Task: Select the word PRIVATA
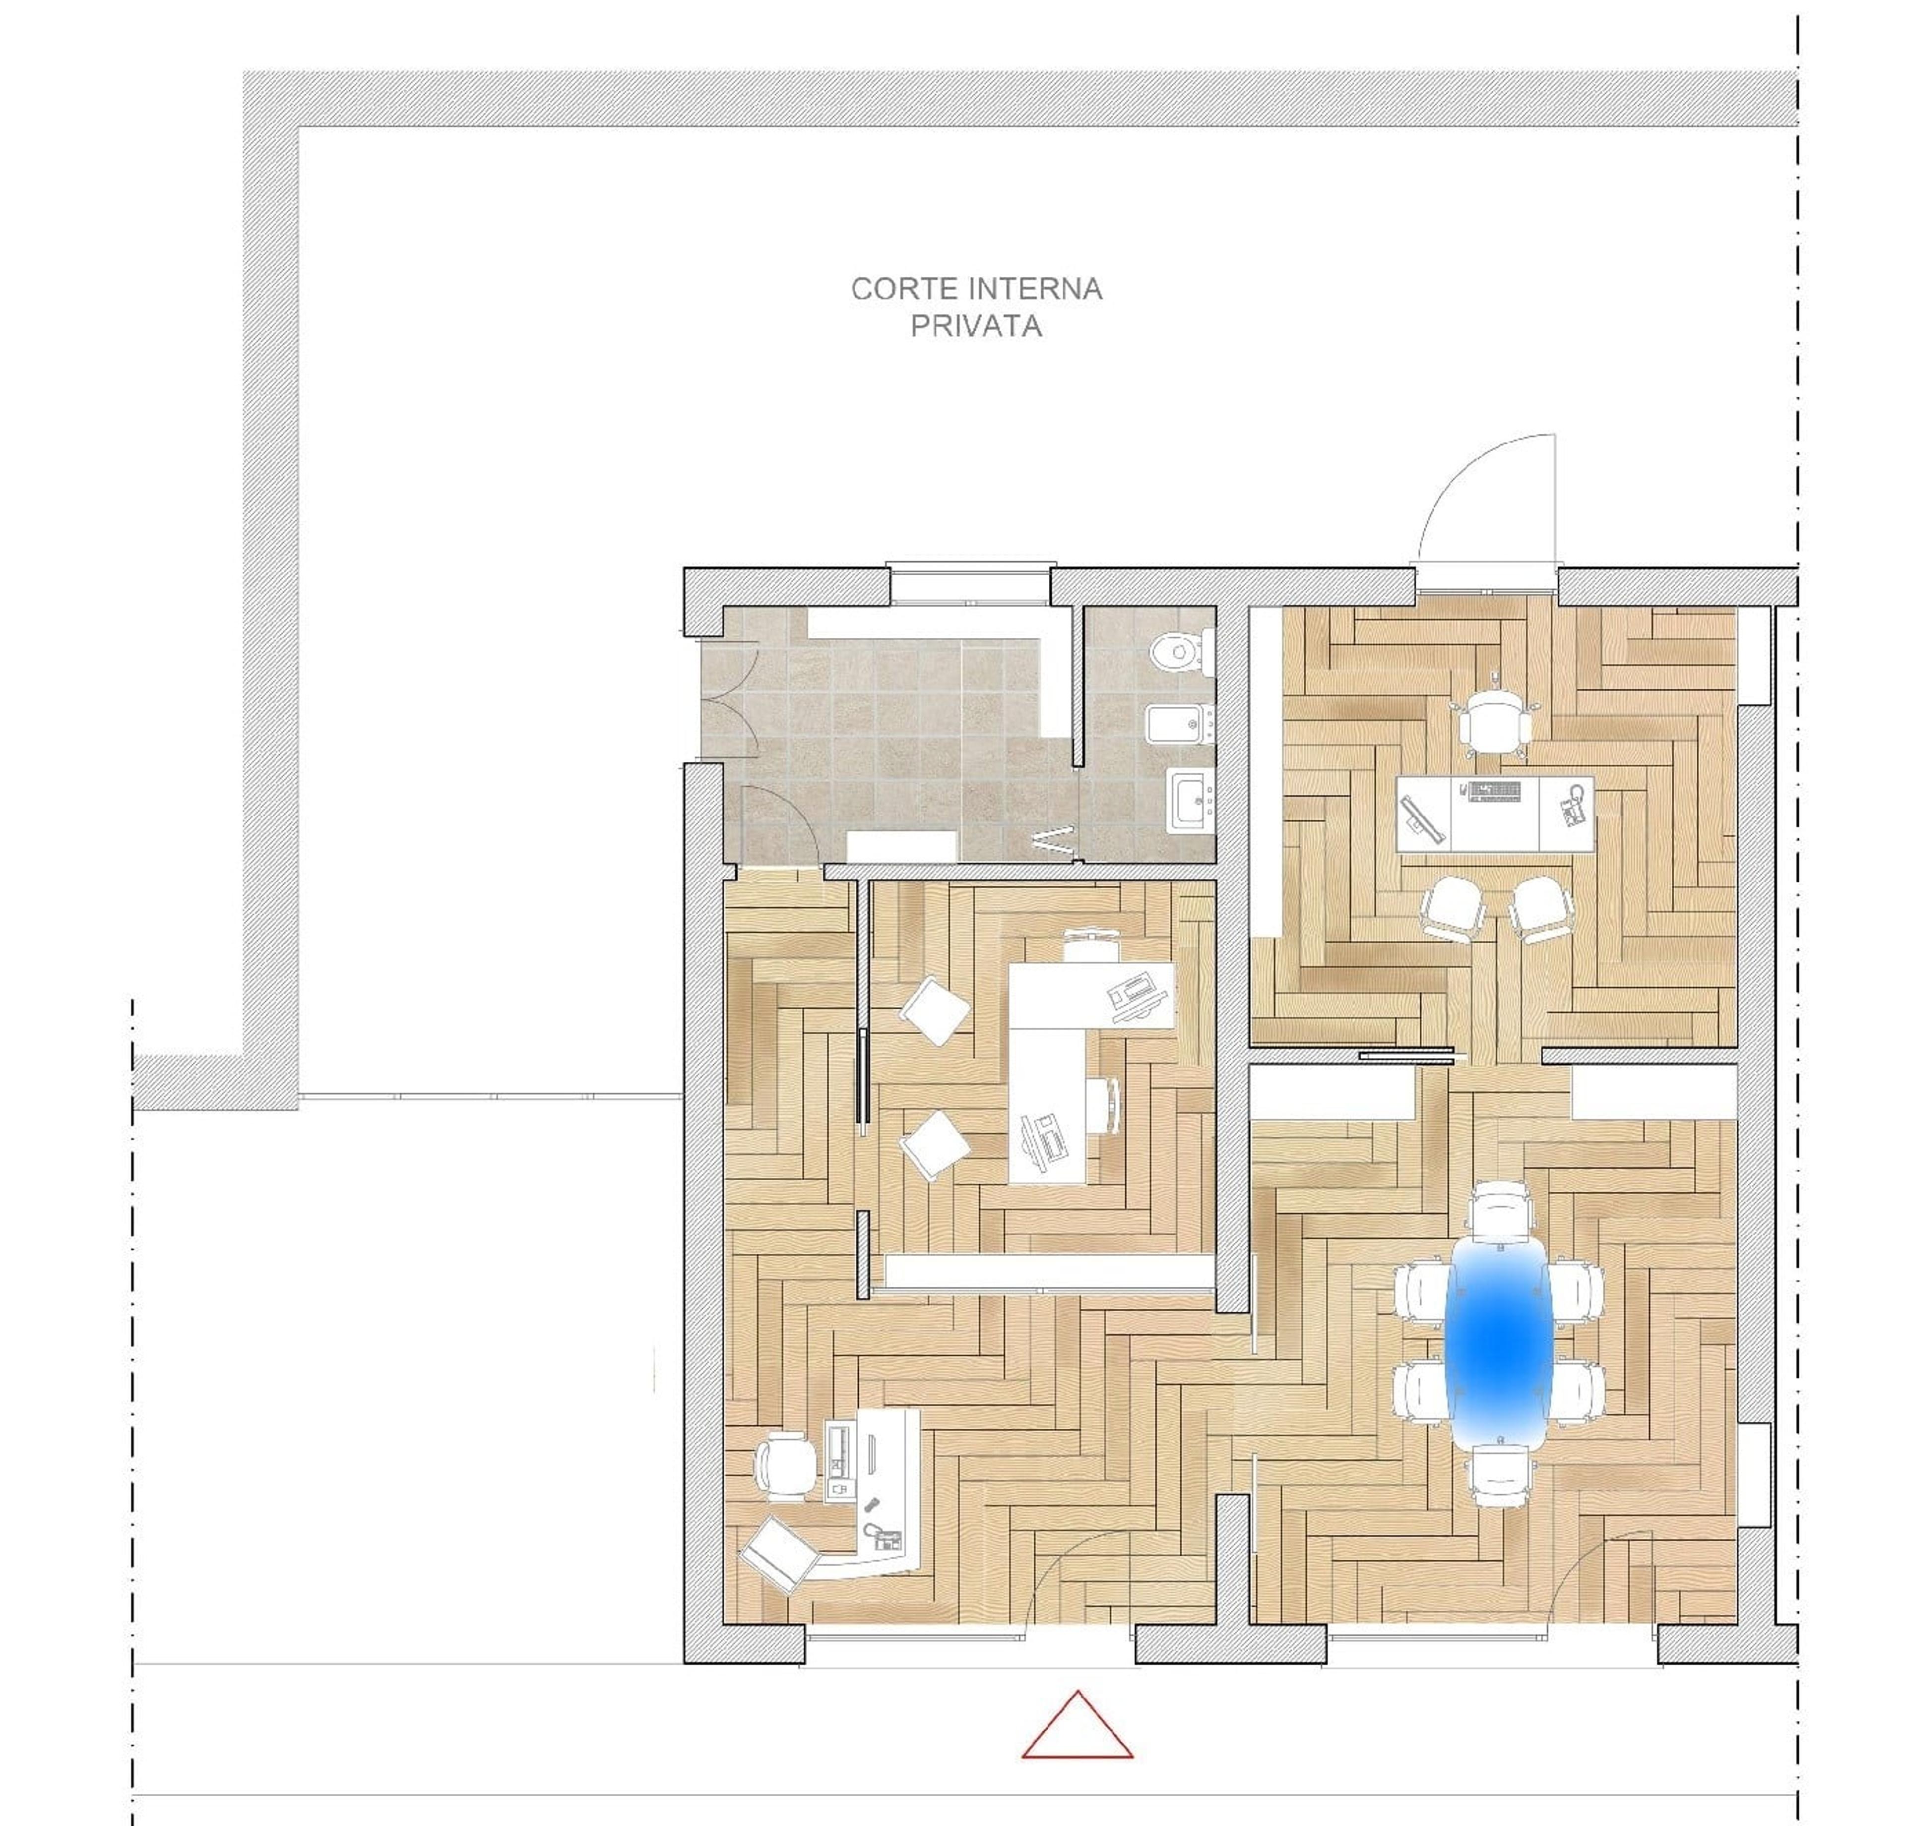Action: (976, 326)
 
